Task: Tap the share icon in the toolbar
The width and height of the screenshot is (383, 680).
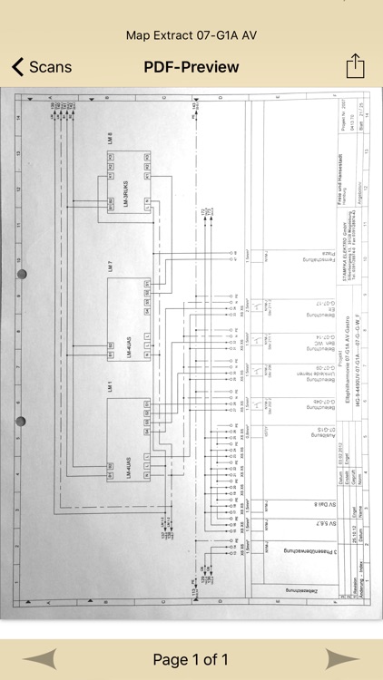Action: (355, 66)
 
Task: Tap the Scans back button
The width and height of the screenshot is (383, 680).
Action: (41, 67)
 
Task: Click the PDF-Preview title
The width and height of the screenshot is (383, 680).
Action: (191, 67)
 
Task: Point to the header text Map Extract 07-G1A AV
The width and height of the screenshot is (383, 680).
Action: (191, 34)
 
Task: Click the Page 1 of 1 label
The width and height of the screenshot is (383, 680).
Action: (191, 659)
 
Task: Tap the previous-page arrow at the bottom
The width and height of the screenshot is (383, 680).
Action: (45, 659)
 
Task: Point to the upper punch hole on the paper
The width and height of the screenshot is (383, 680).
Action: (22, 274)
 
